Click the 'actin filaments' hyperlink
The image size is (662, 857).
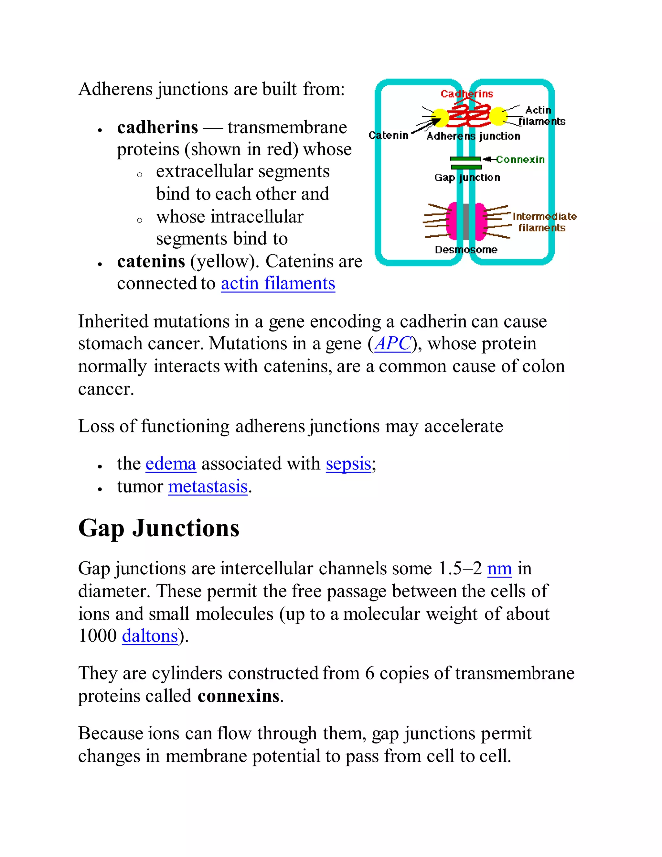(278, 284)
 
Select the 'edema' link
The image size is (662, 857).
(171, 464)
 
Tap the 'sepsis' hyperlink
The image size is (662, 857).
(348, 464)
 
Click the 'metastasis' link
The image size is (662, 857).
(208, 487)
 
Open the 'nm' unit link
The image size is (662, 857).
(499, 569)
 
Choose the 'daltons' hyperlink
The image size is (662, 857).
(150, 636)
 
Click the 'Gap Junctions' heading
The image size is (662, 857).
(159, 528)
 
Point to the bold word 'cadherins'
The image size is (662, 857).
(158, 127)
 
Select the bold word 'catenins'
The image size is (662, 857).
(151, 261)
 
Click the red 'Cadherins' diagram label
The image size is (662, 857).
(467, 94)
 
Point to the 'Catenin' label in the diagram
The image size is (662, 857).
(388, 136)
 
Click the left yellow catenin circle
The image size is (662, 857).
(440, 117)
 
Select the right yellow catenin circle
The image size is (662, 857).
(498, 116)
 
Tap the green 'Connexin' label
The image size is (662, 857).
(520, 160)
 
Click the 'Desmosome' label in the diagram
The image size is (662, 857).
(466, 250)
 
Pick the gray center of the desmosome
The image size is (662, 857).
(466, 222)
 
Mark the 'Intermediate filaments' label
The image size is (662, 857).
(544, 222)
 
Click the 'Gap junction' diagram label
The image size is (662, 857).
(467, 178)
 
